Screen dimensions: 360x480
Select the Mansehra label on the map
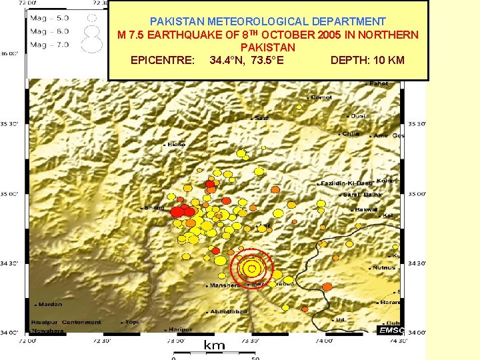click(225, 285)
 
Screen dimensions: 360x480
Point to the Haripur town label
click(180, 329)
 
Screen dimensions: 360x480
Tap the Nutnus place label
click(383, 267)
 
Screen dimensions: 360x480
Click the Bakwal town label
click(366, 209)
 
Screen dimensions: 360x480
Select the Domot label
click(322, 97)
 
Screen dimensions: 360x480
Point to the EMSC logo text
click(390, 330)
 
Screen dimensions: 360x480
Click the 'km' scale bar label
click(214, 345)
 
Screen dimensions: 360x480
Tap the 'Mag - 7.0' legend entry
click(50, 45)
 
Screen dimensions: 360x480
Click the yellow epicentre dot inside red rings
click(251, 269)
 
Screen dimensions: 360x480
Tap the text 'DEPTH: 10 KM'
click(367, 61)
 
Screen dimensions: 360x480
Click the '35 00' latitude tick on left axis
click(10, 195)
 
